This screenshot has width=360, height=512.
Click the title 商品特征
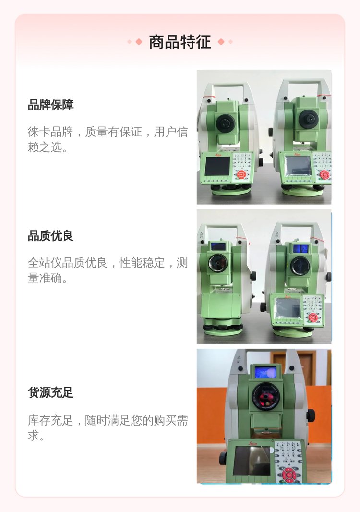(x=180, y=42)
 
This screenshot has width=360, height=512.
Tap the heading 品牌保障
(x=50, y=105)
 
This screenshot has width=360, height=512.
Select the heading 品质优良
(x=50, y=236)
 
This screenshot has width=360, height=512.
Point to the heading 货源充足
(x=50, y=392)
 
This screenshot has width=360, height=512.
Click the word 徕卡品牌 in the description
(x=50, y=132)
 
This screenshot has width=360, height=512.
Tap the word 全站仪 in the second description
(x=45, y=263)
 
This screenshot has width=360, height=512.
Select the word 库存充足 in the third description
(x=50, y=420)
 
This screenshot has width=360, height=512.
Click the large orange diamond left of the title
(x=139, y=42)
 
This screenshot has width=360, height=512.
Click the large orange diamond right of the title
(x=221, y=42)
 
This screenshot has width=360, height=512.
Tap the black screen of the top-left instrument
(x=217, y=166)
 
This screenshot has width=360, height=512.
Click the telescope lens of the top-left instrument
(x=225, y=123)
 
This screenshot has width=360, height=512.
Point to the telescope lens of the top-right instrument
(x=308, y=119)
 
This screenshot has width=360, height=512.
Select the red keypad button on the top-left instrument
(x=241, y=175)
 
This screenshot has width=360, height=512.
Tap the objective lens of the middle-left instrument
(x=218, y=263)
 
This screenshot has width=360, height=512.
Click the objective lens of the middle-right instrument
(x=300, y=266)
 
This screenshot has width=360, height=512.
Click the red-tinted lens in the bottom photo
(x=265, y=396)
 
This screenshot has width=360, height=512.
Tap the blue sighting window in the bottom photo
(x=265, y=372)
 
